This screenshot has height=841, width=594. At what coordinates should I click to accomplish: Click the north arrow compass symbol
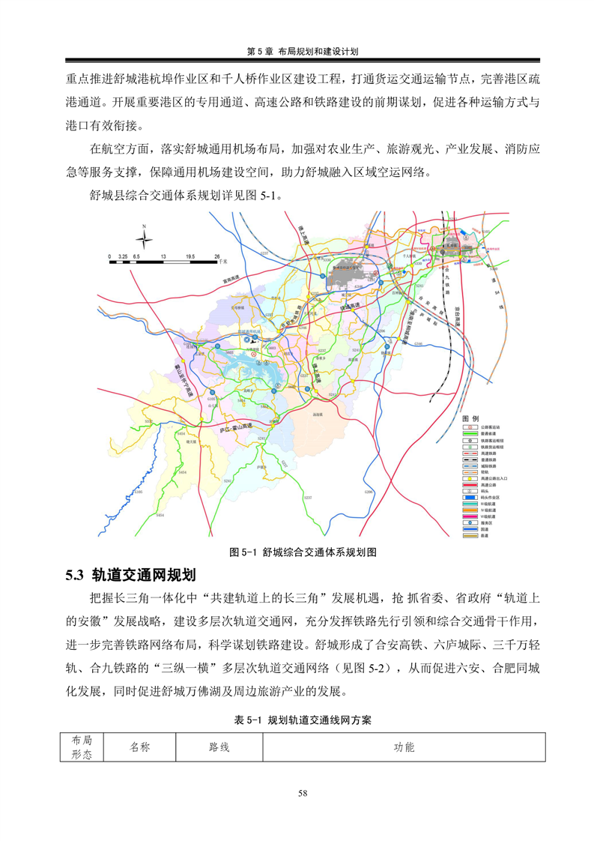pyautogui.click(x=146, y=238)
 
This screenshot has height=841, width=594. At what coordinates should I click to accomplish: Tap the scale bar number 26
pyautogui.click(x=216, y=256)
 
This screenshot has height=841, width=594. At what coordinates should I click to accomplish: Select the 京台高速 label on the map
pyautogui.click(x=456, y=313)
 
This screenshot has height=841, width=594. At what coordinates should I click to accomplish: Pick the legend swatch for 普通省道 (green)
pyautogui.click(x=466, y=432)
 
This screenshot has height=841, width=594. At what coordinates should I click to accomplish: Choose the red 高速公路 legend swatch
pyautogui.click(x=466, y=484)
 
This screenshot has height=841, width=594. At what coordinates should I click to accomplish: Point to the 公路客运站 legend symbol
pyautogui.click(x=466, y=426)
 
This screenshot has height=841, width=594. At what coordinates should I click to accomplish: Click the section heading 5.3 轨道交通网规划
pyautogui.click(x=131, y=576)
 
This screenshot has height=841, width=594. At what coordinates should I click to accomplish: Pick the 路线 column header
pyautogui.click(x=219, y=747)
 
